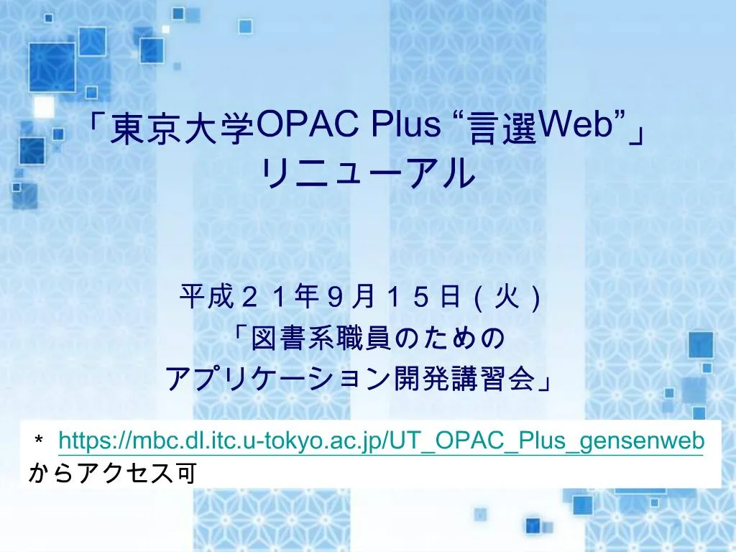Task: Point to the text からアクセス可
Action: pos(111,473)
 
